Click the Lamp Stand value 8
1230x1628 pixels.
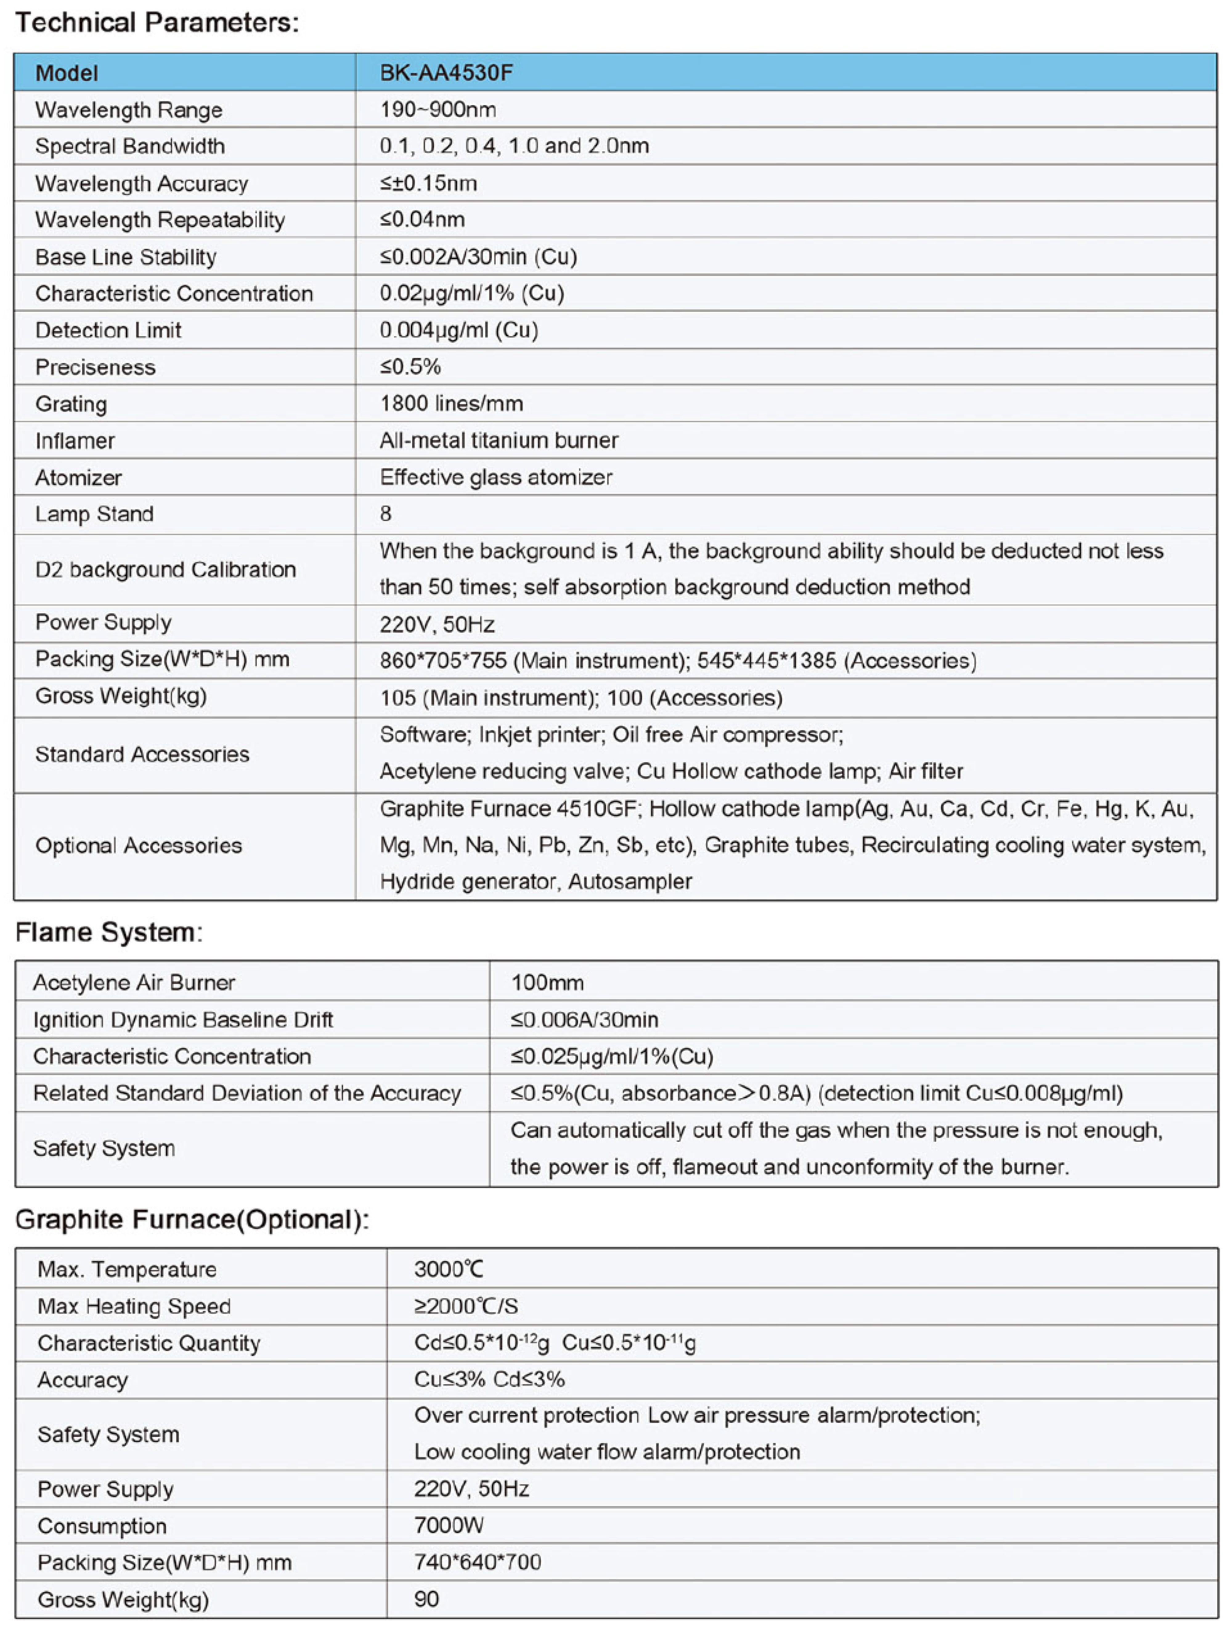(x=385, y=514)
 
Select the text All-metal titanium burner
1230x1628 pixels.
(x=498, y=440)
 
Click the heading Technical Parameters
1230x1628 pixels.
(x=157, y=23)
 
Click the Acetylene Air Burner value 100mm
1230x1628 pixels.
(x=547, y=982)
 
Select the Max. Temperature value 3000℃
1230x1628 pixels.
(x=448, y=1269)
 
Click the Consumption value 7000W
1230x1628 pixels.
(x=448, y=1525)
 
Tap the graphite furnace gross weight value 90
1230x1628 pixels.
(x=426, y=1598)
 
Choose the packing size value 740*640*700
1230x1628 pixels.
(x=477, y=1562)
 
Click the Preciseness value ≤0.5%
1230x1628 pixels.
(x=410, y=367)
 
